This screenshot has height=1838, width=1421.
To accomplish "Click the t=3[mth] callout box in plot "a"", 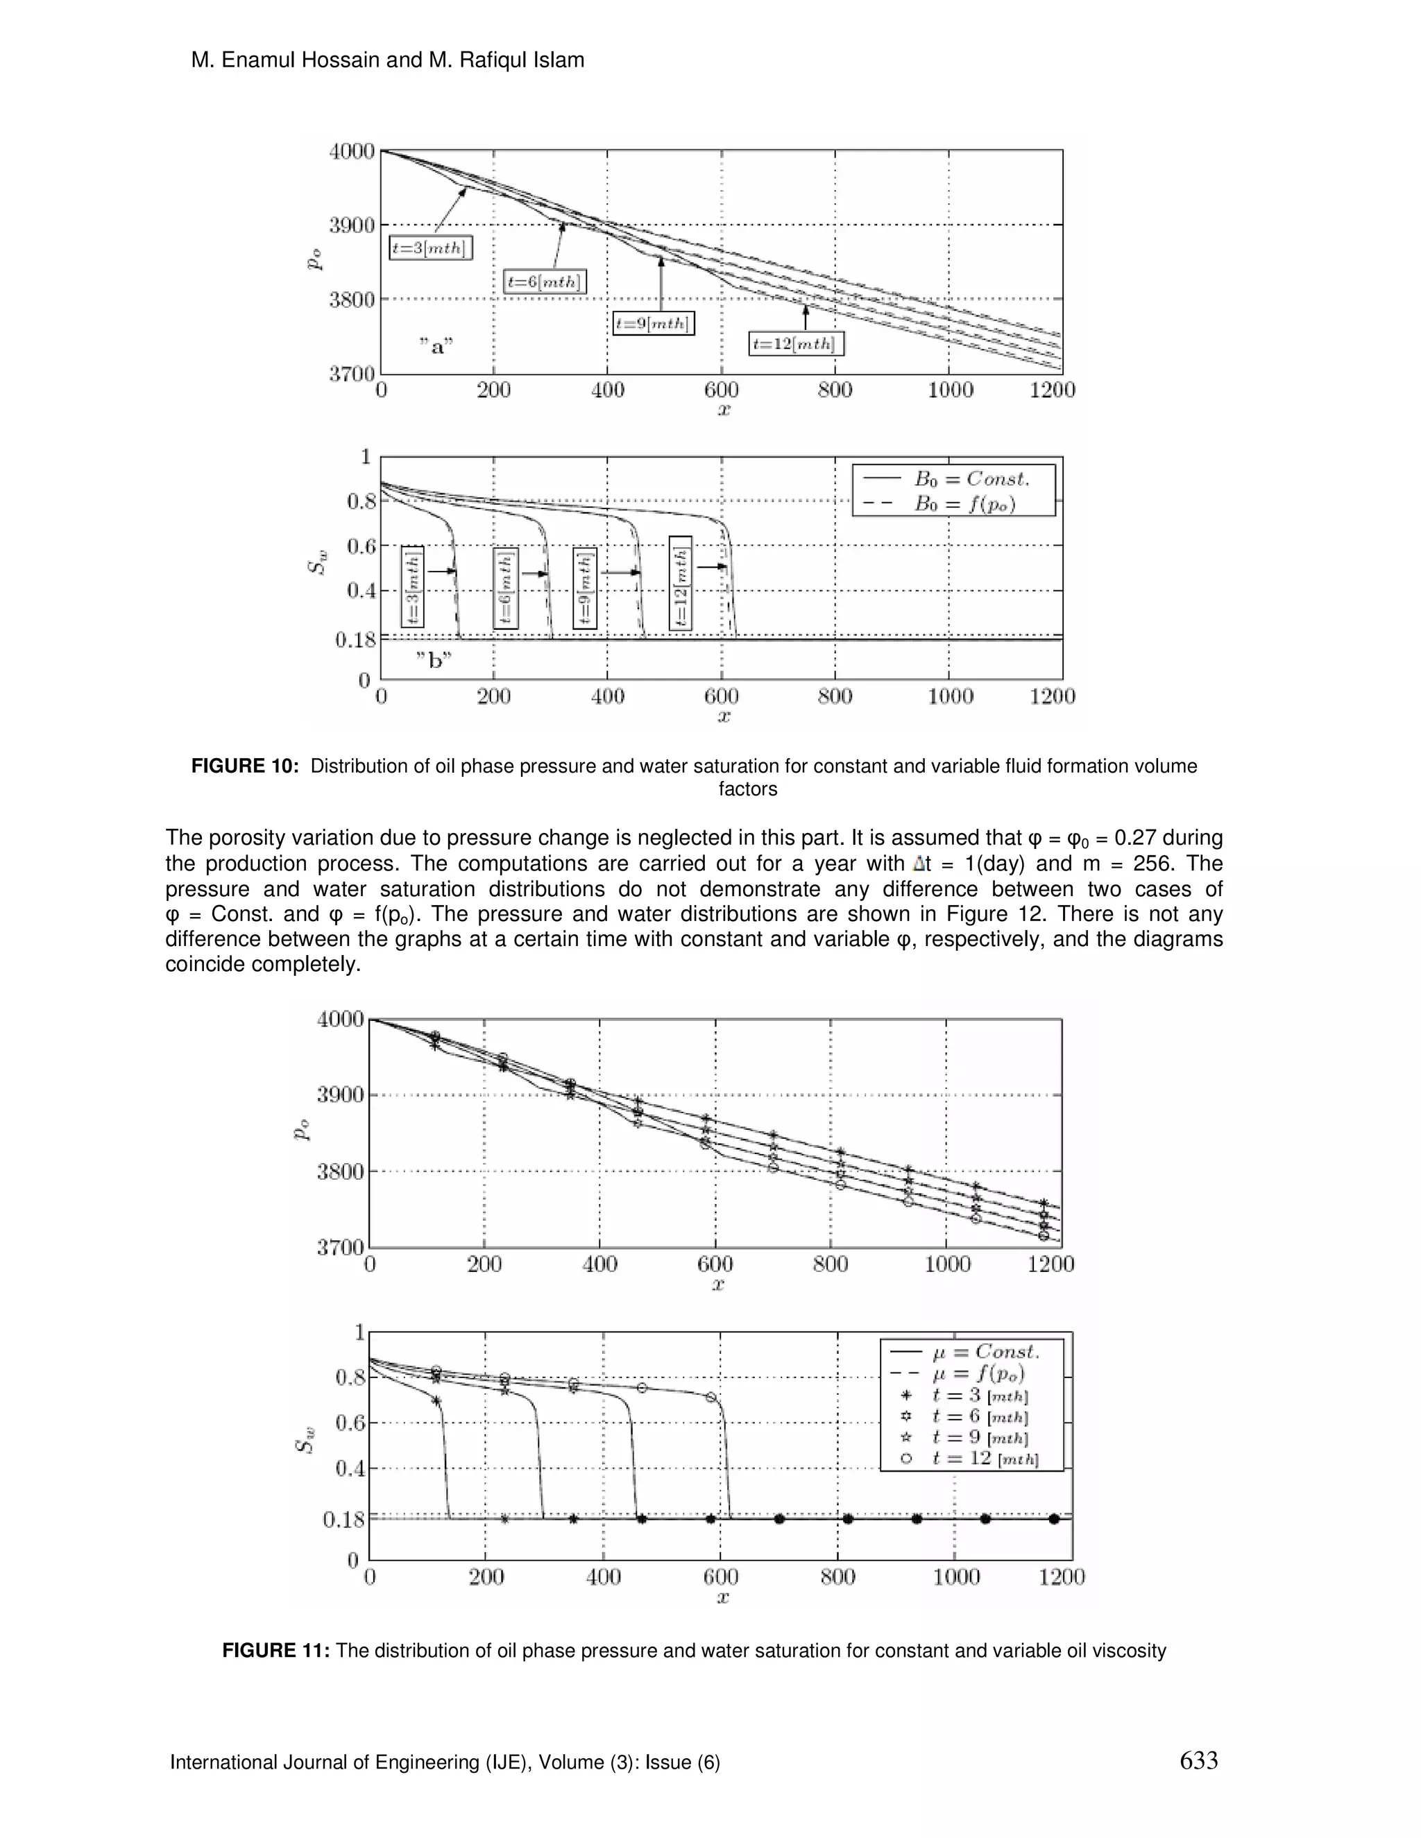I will (x=430, y=248).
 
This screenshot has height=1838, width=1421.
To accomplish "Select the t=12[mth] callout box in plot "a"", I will (x=796, y=343).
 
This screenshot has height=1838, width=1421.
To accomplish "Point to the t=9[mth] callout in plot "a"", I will (x=653, y=323).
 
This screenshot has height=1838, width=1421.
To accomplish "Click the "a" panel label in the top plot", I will (x=436, y=346).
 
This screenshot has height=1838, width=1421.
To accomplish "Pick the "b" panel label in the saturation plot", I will (x=434, y=660).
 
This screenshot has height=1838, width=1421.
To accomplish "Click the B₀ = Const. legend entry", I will (x=954, y=479).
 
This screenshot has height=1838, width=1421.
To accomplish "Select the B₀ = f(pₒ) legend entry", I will (x=954, y=504).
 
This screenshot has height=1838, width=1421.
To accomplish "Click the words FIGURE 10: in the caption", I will (x=245, y=766).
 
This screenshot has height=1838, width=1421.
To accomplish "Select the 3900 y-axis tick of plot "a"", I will (x=351, y=225).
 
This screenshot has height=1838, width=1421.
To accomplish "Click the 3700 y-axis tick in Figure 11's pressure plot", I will (x=340, y=1246).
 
